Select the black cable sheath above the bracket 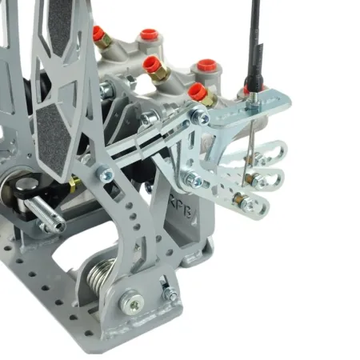coord(255,40)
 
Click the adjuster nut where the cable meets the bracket coord(252,99)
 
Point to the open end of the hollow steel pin coord(56,226)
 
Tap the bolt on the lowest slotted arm coord(249,206)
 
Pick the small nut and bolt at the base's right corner coord(169,294)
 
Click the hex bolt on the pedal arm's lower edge coord(105,173)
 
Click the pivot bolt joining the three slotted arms coord(193,180)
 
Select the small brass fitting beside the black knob coord(74,186)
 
